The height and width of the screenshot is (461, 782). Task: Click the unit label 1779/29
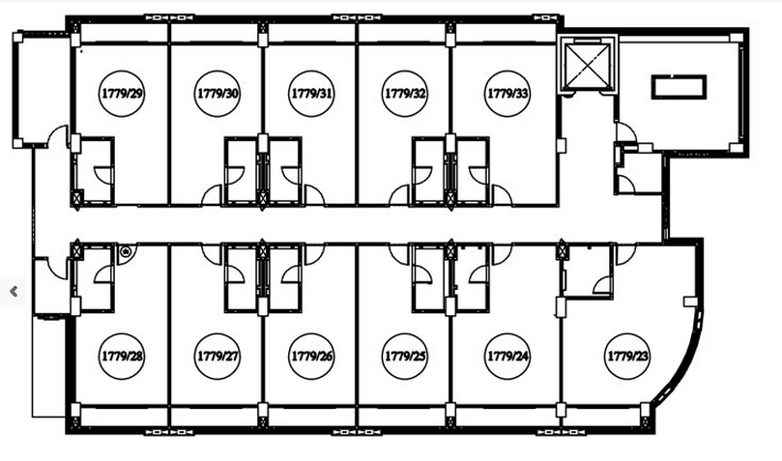pos(122,94)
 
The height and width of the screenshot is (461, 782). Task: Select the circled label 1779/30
pos(217,94)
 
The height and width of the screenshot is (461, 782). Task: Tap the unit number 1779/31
pos(311,94)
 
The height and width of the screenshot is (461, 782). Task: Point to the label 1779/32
pos(405,94)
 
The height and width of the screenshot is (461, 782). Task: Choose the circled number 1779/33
pos(507,94)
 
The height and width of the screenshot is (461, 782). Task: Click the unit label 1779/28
pos(122,357)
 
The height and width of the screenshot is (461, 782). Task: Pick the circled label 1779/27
pos(217,357)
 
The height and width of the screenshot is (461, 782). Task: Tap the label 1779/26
pos(311,357)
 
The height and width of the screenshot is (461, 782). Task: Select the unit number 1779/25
pos(405,357)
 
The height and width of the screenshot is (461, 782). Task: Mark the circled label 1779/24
pos(507,357)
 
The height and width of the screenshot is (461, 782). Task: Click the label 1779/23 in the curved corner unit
pos(627,357)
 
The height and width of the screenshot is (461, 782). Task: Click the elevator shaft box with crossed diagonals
pos(588,65)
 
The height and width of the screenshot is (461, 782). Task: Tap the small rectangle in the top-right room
pos(680,87)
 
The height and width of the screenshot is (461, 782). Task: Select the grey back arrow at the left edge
pos(14,291)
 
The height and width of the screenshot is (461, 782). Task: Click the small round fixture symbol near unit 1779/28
pos(126,252)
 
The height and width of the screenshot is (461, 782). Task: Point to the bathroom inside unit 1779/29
pos(95,170)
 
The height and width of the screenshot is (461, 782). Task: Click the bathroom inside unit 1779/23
pos(588,272)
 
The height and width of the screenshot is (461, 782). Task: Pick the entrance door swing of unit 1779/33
pos(502,195)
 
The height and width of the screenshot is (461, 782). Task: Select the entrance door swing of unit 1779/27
pos(212,254)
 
